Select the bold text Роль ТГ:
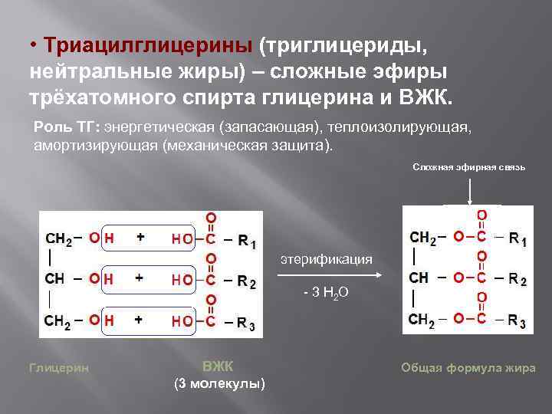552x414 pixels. coord(67,126)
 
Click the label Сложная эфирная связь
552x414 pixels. coord(468,166)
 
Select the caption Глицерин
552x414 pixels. coord(58,367)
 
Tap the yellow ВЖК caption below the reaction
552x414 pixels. coord(220,364)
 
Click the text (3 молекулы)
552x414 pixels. coord(220,383)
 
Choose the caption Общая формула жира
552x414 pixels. coord(468,367)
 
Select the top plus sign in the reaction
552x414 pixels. coord(140,238)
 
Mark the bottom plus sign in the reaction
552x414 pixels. coord(140,320)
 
